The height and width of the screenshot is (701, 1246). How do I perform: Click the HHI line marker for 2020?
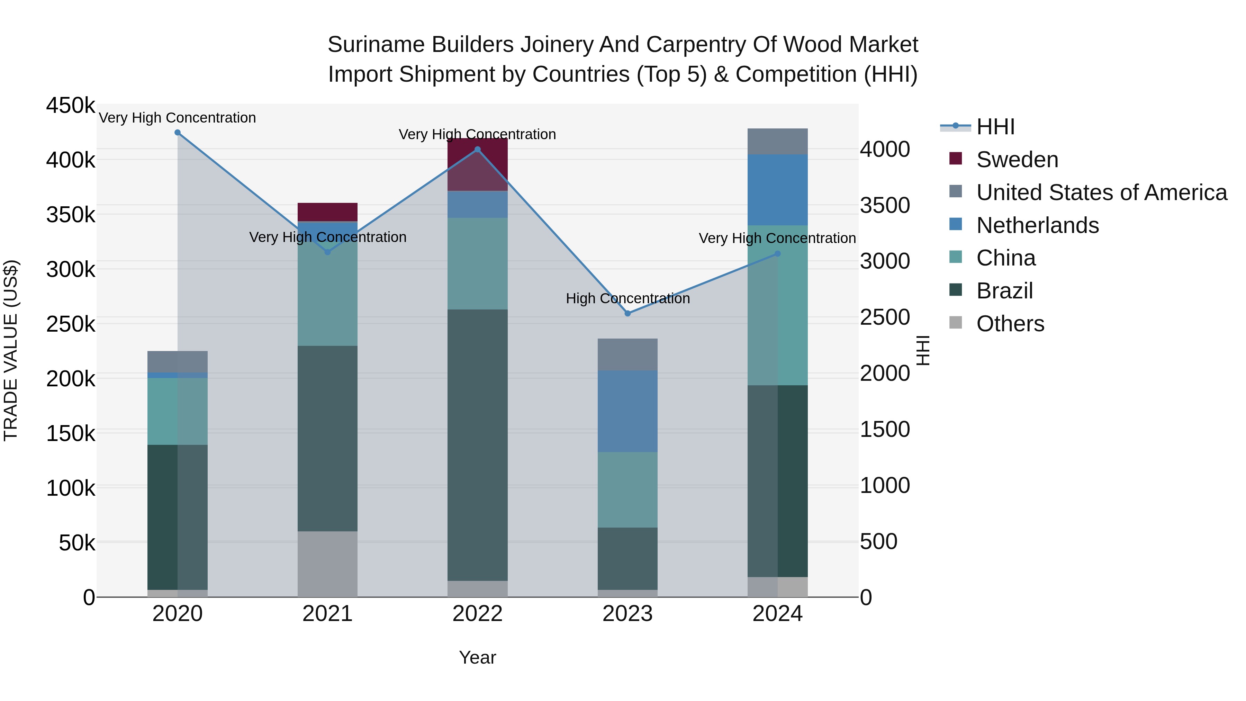click(178, 133)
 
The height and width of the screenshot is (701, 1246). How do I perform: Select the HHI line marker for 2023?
click(628, 314)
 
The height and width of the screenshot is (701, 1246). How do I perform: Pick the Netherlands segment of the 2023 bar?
click(628, 411)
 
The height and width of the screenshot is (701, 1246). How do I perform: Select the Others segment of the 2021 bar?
click(327, 564)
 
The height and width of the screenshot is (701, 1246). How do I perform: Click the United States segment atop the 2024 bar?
click(778, 142)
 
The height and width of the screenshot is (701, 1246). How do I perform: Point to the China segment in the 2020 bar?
click(178, 411)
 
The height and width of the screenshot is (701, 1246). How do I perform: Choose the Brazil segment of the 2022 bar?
click(477, 445)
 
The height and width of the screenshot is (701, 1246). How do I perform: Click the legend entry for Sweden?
click(1017, 160)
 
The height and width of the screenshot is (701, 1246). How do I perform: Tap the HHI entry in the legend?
click(995, 127)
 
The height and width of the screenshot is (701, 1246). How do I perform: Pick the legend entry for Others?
click(1010, 324)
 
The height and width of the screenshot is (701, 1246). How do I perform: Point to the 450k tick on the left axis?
click(71, 106)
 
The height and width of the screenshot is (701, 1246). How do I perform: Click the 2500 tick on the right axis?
click(885, 317)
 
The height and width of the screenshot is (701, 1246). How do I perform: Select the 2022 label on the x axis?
click(477, 614)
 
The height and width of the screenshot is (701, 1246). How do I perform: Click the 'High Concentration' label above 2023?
click(628, 298)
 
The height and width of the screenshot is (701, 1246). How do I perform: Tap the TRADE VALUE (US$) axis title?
click(11, 350)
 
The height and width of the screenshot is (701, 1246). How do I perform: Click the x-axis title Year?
click(477, 657)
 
